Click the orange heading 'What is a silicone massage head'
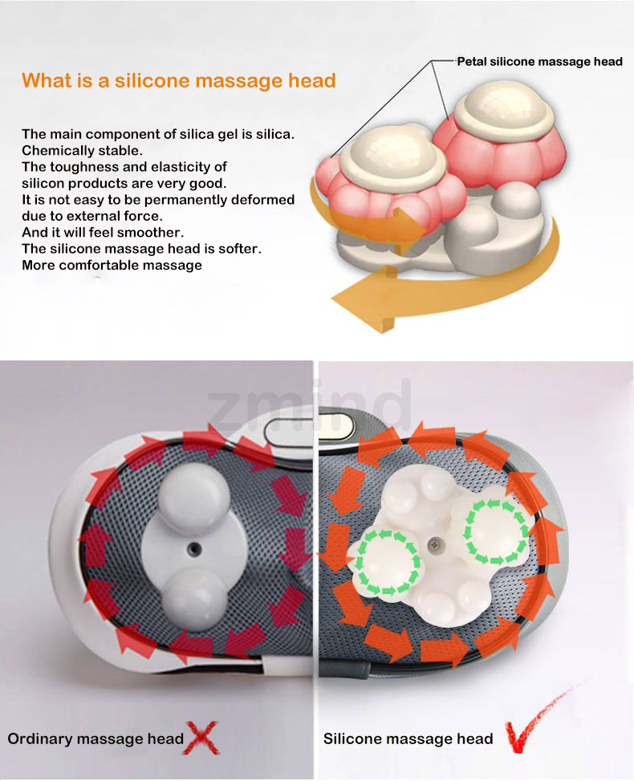pos(178,80)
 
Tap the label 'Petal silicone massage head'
pos(539,62)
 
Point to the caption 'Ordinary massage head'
pos(96,738)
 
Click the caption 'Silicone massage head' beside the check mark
pos(408,738)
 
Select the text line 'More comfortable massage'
pos(112,265)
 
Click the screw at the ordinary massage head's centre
pos(193,548)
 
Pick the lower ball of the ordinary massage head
pos(193,599)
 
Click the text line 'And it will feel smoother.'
pos(103,233)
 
